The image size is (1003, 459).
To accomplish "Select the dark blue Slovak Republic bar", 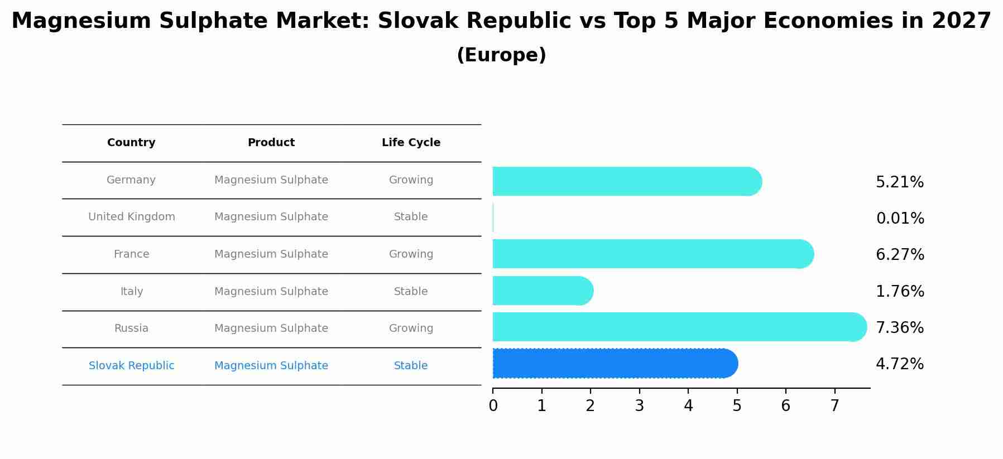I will coord(614,364).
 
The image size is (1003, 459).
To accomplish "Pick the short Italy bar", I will coord(541,291).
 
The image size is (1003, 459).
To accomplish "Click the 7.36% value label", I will coord(899,327).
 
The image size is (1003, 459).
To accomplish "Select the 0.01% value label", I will coord(899,219).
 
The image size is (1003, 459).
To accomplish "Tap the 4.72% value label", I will coord(899,364).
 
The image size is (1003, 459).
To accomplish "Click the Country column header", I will coord(131,143).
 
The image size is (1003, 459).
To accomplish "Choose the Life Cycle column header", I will coord(411,143).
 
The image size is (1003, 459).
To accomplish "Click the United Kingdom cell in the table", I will coord(131,217).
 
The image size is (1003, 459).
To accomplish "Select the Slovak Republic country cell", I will coord(131,366).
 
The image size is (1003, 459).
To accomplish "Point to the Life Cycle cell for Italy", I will coord(411,292).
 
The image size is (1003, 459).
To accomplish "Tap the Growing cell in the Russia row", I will coord(411,328).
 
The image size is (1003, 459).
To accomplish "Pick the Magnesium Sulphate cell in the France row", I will coord(271,254).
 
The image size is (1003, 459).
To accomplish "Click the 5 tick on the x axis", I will coord(737,406).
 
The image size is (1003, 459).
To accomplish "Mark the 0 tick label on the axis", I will coord(493,406).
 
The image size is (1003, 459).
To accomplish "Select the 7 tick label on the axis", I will coord(834,406).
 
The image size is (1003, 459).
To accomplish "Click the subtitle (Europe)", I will coord(501,55).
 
